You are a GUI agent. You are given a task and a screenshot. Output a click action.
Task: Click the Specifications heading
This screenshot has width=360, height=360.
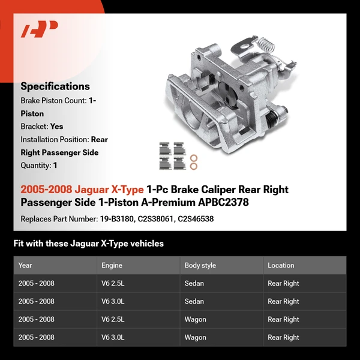(55, 86)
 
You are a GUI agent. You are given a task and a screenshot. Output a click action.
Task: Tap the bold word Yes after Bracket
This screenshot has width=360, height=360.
(56, 127)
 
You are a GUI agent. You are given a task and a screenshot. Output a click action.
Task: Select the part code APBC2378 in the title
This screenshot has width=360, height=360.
(219, 203)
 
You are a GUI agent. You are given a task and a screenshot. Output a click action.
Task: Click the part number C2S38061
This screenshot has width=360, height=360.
(157, 219)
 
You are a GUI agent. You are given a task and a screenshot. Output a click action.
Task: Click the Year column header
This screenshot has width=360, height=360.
(25, 265)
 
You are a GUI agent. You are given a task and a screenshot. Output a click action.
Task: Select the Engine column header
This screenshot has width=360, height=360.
(112, 265)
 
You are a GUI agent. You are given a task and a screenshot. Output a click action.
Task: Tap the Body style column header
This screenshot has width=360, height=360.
(200, 265)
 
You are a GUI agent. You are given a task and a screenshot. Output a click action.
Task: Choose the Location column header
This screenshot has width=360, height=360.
(281, 265)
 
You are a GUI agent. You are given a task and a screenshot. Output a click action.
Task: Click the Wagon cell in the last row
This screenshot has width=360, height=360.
(195, 337)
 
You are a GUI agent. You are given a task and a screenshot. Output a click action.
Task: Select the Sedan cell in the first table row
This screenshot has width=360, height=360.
(194, 283)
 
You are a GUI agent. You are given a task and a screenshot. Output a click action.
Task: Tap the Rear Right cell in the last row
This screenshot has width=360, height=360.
(283, 337)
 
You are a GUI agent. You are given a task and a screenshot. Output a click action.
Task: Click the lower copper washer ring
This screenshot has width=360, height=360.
(194, 167)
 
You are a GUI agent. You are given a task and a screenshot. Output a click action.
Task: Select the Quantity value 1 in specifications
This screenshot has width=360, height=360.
(55, 166)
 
